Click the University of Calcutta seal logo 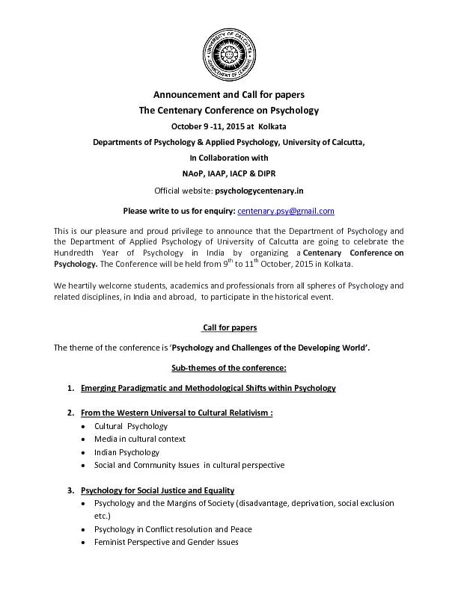228,53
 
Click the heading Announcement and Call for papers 228,95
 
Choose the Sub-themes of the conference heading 228,369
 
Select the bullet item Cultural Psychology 131,426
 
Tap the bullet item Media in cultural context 140,439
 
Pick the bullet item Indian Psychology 126,452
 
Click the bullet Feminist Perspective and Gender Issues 166,542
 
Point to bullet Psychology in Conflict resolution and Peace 171,529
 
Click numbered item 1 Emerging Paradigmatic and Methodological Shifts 208,388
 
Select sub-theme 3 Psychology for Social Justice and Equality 157,490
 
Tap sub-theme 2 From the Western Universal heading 177,413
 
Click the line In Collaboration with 228,158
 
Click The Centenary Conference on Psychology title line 228,111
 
